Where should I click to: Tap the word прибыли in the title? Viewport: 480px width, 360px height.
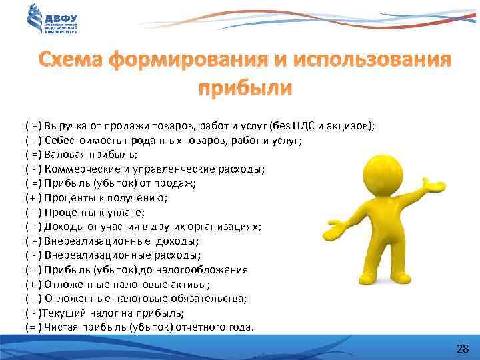point(245,89)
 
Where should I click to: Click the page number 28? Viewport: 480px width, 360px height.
point(462,349)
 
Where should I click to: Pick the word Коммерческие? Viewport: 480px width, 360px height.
point(75,169)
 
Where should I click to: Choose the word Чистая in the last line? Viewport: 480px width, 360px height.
point(61,327)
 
